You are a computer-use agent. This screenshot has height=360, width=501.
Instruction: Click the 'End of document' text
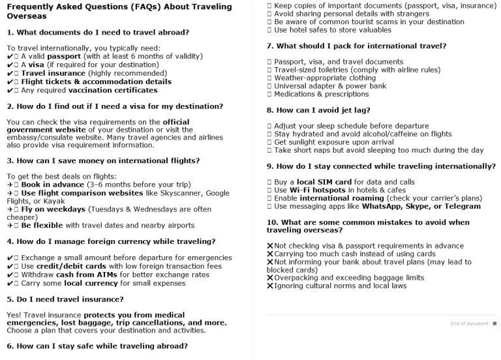coord(470,323)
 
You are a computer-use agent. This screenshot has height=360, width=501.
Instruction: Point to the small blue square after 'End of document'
coord(494,323)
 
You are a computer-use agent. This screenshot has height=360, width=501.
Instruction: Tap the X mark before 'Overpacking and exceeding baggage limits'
coord(269,278)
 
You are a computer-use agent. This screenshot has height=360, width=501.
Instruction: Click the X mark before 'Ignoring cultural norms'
coord(269,286)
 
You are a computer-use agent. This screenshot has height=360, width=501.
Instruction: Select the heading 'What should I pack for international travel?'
coord(356,46)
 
